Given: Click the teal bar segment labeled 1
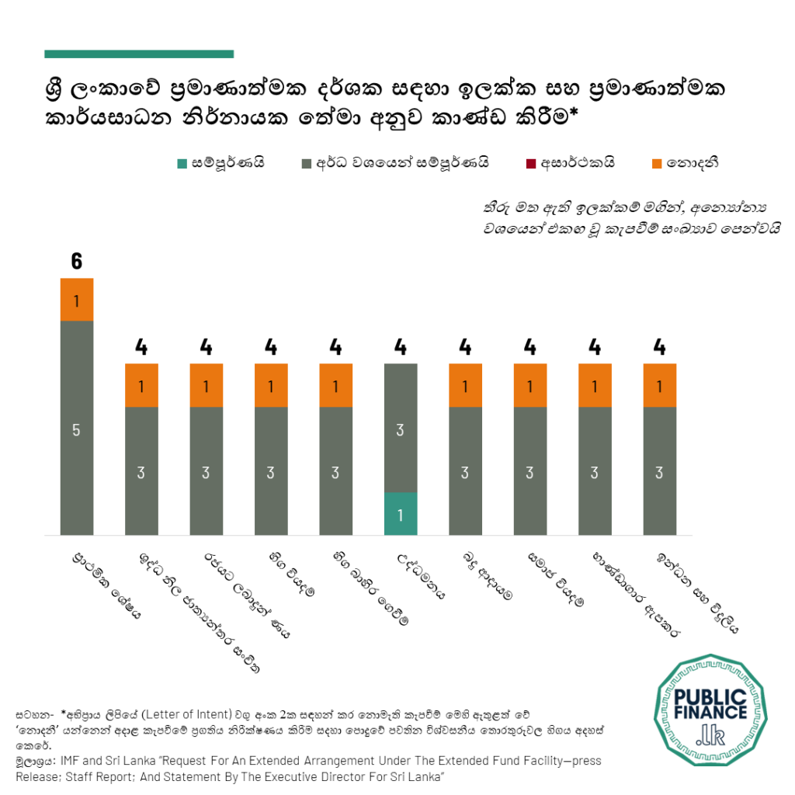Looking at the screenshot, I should coord(401,513).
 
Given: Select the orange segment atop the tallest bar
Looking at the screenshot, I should coord(76,300).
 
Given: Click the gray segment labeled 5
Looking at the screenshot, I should coord(76,428).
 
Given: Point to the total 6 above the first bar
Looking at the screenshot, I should coord(76,262).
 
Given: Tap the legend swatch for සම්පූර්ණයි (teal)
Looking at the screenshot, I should coord(182,163).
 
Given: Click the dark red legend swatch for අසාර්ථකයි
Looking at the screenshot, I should coord(530,163).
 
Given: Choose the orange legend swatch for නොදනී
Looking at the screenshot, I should coord(656,163).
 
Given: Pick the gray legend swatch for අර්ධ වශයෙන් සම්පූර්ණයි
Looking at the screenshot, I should coord(305,163).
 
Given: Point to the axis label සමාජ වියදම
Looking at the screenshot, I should coord(550,579).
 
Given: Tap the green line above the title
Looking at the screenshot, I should coord(139,54).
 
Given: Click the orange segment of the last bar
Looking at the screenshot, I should coord(660,385).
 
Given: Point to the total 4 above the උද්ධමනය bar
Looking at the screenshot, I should coord(401,347).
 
